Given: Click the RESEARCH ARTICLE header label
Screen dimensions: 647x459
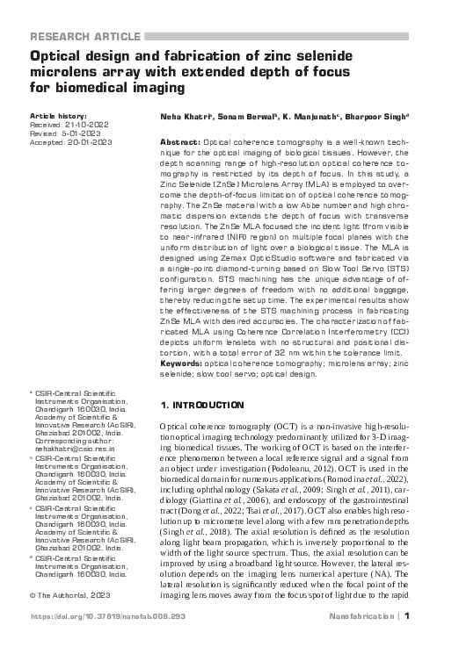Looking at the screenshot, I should tap(84, 36).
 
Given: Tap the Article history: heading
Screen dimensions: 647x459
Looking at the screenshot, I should tap(59, 116).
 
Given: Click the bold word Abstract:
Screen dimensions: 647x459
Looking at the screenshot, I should tap(179, 141).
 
